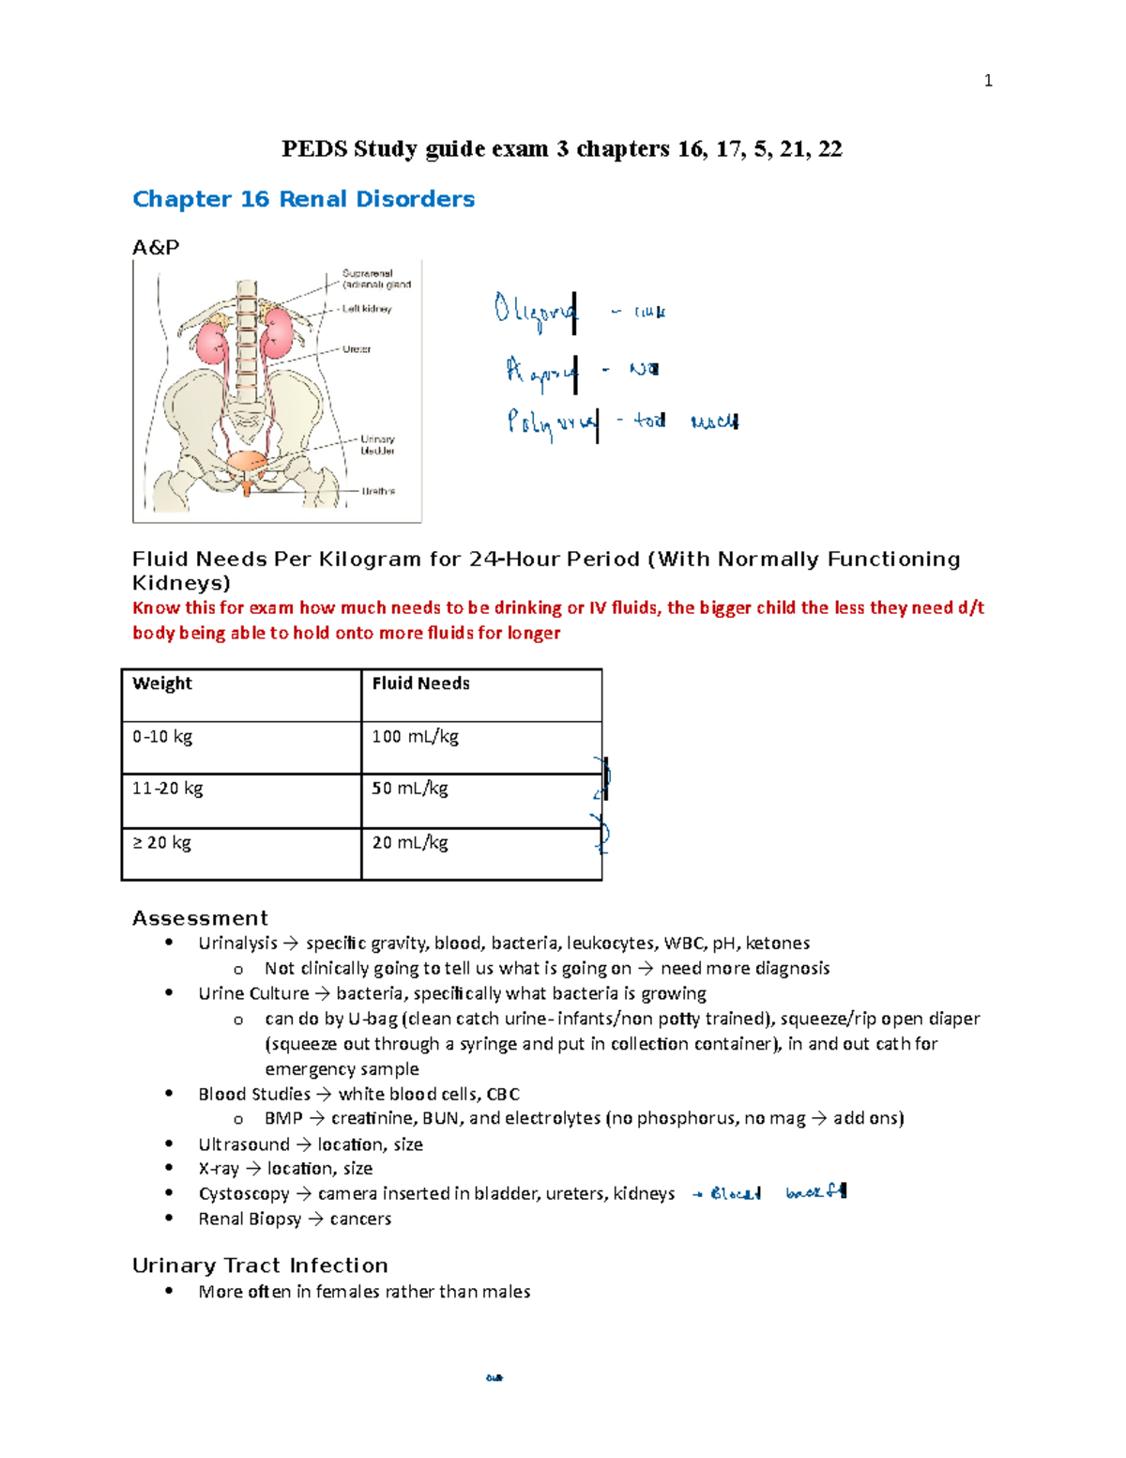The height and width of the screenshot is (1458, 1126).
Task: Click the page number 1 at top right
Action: pos(987,81)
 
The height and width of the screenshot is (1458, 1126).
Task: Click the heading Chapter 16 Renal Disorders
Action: pos(303,199)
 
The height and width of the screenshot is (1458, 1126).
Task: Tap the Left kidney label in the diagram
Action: pos(366,309)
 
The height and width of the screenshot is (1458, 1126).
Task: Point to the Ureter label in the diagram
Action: pos(357,349)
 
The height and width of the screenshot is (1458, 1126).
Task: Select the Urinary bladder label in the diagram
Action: pos(377,445)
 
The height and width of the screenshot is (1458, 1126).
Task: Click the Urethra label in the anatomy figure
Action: pos(378,491)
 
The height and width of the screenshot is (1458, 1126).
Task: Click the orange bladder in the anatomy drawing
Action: pos(248,463)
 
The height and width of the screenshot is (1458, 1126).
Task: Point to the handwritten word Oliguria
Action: pos(535,311)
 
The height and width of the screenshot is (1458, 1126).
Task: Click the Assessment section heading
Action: pos(200,918)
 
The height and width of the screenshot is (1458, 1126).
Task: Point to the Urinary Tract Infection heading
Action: pos(260,1266)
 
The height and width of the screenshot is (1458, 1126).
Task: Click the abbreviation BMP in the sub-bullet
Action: pos(283,1119)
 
